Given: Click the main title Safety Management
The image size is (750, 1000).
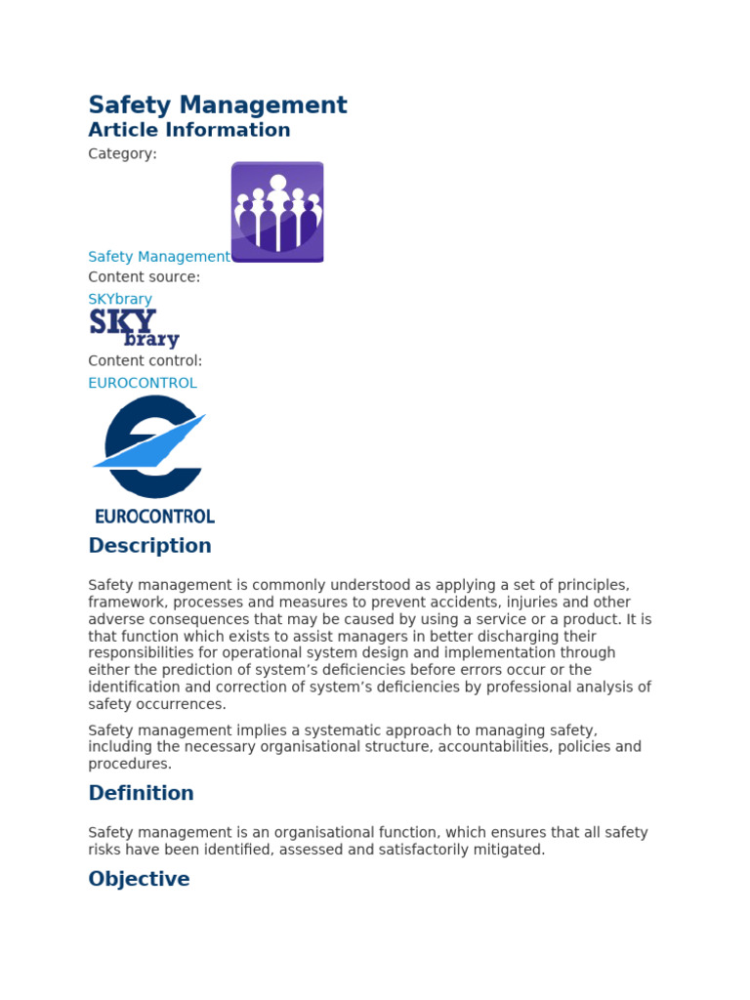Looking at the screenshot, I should [x=218, y=104].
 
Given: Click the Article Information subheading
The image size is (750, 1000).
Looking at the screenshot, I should [x=189, y=130].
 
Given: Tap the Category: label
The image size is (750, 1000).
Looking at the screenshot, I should [x=122, y=154].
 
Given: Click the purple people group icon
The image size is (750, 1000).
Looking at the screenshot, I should [x=277, y=212].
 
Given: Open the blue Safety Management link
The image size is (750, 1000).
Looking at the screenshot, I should [x=159, y=257].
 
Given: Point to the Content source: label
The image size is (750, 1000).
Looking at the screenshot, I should [x=144, y=277].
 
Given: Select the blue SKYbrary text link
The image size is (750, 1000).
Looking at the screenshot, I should [x=120, y=299].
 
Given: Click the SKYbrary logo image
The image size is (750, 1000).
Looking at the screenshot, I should [x=134, y=329].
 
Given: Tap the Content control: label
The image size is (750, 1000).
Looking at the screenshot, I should [x=146, y=361].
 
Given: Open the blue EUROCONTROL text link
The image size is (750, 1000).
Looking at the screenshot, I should [x=143, y=383].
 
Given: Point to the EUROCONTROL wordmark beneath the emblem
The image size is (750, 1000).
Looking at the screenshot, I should [x=154, y=516].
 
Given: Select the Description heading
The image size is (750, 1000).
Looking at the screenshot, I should [x=149, y=546].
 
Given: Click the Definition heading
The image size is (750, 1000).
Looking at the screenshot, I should [x=141, y=793].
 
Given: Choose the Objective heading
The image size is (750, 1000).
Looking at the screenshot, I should [x=139, y=879].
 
